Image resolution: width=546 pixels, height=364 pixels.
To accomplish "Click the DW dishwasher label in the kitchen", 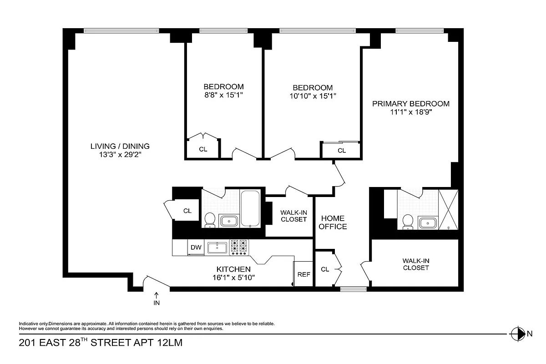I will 196,248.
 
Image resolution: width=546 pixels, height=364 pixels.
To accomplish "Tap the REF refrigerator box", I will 303,274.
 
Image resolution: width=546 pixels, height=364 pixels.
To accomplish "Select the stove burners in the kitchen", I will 240,247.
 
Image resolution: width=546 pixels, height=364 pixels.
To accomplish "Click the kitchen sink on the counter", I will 217,248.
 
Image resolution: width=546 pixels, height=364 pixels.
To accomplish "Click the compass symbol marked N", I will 517,334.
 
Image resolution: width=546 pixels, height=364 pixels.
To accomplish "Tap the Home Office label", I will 333,222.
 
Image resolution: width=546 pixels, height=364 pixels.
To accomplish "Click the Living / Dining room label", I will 120,146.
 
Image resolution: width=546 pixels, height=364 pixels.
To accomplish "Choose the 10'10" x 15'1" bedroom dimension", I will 313,96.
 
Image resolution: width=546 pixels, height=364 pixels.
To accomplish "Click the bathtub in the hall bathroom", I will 250,209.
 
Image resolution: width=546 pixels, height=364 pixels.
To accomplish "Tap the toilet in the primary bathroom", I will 408,222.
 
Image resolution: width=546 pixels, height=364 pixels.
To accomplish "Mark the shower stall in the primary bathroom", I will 448,209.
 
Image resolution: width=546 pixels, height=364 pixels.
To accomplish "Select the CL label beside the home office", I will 325,269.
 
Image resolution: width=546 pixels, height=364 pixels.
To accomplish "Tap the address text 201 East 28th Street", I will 100,343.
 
